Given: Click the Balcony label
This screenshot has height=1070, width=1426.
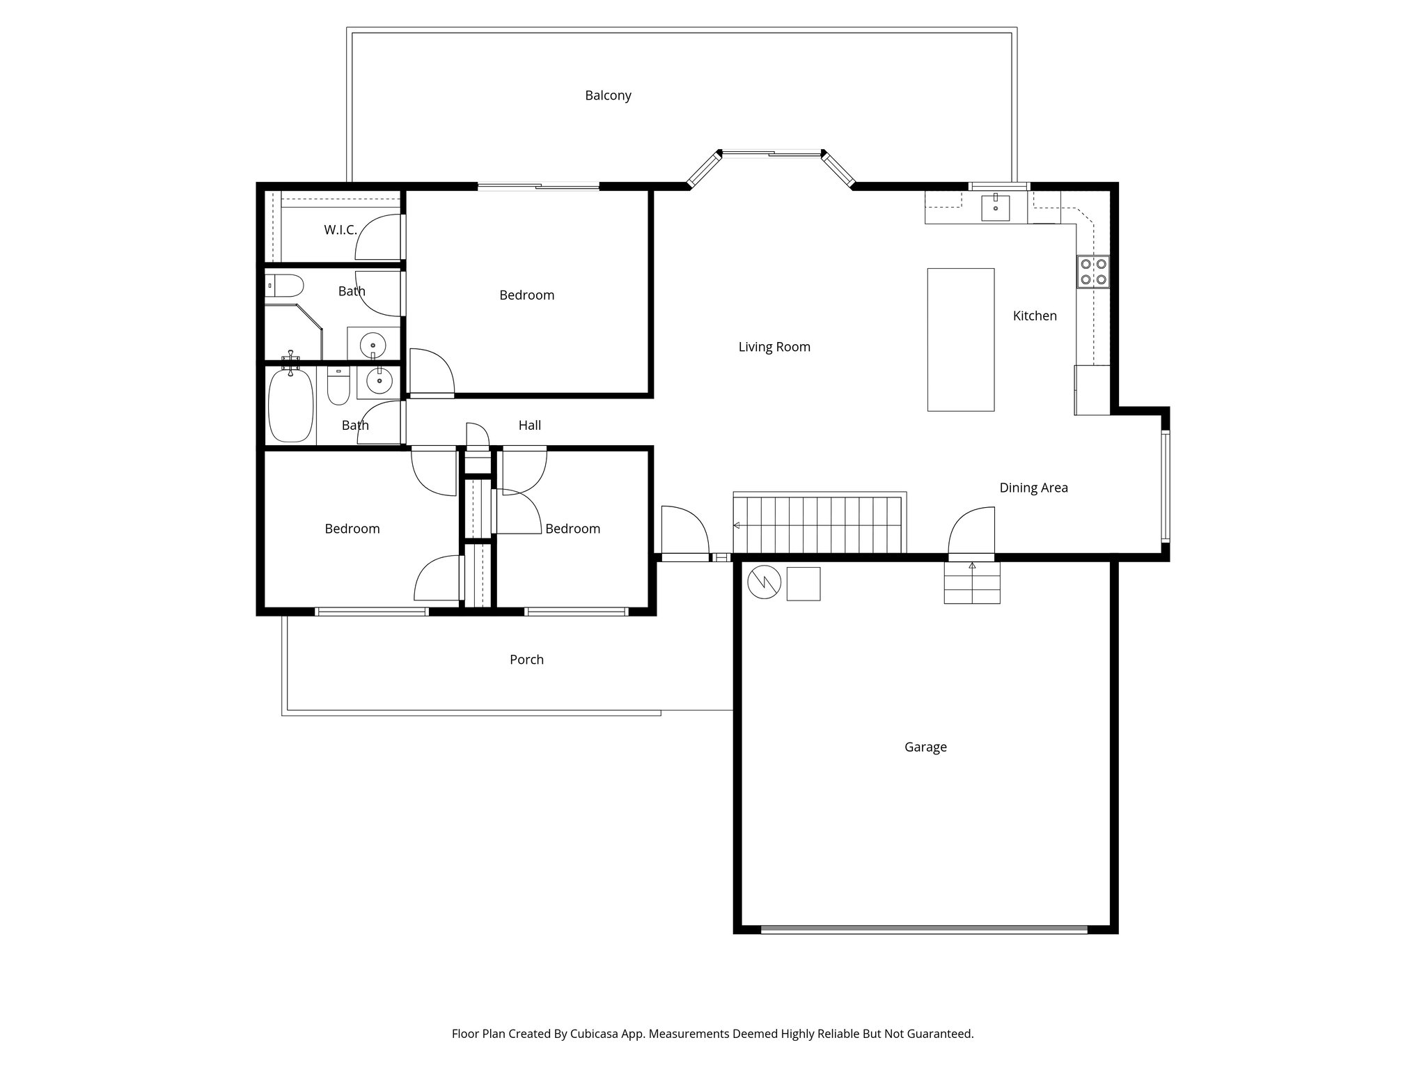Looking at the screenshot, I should (x=608, y=95).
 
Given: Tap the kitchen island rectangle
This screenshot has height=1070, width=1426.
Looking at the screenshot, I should (x=960, y=339).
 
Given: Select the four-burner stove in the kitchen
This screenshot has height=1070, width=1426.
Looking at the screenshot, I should (x=1093, y=272).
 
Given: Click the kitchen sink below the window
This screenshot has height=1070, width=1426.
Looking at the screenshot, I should (x=996, y=208).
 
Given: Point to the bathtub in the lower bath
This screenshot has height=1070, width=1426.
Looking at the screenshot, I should (x=290, y=405).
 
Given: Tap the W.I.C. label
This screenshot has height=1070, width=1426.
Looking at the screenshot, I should (x=340, y=230).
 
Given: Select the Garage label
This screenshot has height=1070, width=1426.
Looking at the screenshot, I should (x=925, y=747).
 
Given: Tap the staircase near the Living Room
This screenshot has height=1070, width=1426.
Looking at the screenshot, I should (x=820, y=524).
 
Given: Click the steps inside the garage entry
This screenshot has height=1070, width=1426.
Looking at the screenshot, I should (x=972, y=584).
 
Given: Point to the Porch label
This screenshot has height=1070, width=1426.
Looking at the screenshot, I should (x=526, y=659).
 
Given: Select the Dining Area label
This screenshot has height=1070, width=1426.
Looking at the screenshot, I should (x=1033, y=488).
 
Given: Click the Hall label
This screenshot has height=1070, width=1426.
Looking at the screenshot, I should (x=529, y=425).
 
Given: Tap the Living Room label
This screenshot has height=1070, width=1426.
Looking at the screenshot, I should (x=774, y=347).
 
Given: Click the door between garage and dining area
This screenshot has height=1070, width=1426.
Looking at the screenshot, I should (x=972, y=534).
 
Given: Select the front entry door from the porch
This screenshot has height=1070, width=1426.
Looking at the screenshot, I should (x=684, y=534).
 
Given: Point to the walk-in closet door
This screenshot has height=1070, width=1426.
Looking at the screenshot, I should (x=380, y=237).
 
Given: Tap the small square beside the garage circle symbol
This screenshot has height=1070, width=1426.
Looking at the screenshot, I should (x=804, y=584).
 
